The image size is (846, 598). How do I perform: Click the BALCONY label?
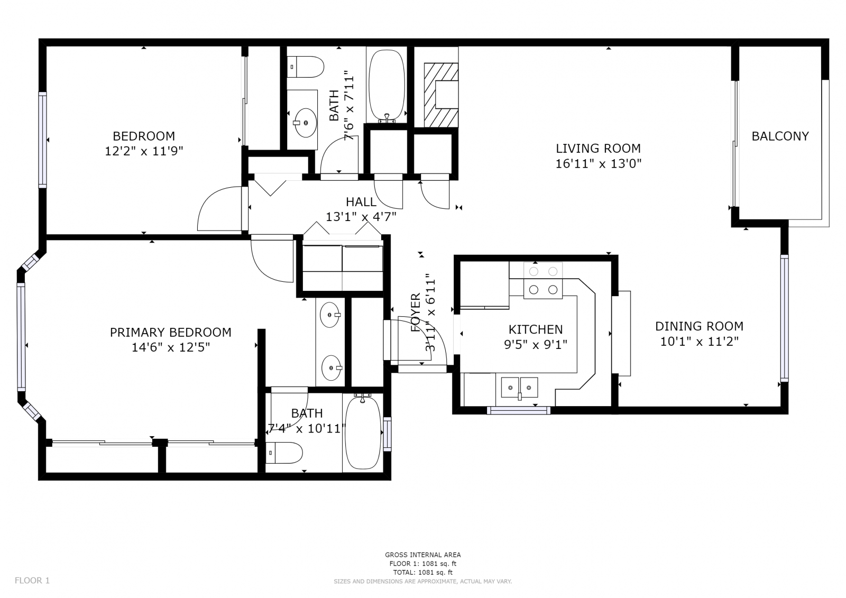click(x=780, y=136)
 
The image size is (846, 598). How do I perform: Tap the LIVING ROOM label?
click(x=598, y=148)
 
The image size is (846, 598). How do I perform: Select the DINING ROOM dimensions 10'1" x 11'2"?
click(x=699, y=342)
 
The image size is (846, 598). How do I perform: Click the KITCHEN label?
click(x=536, y=329)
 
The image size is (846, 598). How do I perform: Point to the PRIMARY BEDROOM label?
click(x=170, y=333)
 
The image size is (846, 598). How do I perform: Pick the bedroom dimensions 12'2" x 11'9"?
click(x=143, y=151)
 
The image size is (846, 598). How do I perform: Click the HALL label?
click(x=361, y=202)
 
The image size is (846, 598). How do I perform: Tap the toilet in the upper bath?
click(x=305, y=67)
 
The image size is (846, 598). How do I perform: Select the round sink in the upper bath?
click(x=305, y=123)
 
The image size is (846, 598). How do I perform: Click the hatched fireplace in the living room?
click(x=441, y=95)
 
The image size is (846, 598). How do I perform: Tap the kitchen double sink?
click(x=519, y=387)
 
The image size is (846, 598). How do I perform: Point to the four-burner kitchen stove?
click(x=543, y=280)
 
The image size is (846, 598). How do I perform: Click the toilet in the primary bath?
click(x=284, y=453)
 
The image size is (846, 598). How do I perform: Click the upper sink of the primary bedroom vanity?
click(x=330, y=314)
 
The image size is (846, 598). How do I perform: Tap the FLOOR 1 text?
click(x=32, y=580)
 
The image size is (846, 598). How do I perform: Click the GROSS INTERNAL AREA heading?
click(x=422, y=555)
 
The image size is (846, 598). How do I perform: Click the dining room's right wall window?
click(x=784, y=318)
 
